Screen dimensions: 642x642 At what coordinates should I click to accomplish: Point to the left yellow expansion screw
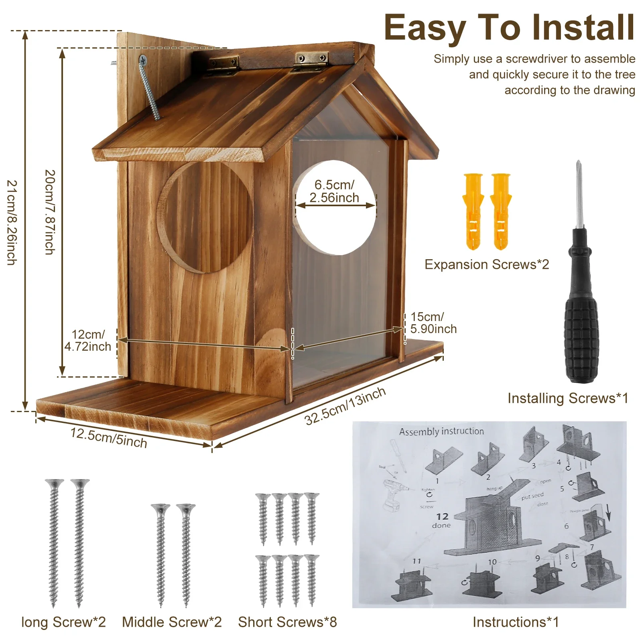coord(473,211)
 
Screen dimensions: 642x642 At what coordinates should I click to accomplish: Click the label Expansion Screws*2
coord(487,264)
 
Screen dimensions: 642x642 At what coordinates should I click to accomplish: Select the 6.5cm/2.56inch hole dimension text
coord(334,191)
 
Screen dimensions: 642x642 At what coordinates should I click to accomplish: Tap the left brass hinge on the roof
coord(223,65)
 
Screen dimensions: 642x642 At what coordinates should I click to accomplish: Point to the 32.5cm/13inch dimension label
coord(345,406)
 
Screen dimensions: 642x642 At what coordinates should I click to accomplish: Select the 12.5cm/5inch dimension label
coord(109,438)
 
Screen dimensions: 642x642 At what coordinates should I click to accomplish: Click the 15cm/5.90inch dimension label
coord(433,323)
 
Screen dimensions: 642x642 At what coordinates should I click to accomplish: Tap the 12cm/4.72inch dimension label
coord(88,341)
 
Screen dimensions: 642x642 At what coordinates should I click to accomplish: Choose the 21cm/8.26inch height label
coord(12,222)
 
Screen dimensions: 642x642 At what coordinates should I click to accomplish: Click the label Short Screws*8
coord(287,622)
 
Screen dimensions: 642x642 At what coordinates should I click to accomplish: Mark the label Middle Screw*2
coord(172,622)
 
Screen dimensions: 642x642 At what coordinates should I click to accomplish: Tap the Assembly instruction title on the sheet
coord(441,431)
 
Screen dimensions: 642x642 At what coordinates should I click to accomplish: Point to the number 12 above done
coord(442,516)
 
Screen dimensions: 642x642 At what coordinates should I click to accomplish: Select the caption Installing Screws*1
coord(567,398)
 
